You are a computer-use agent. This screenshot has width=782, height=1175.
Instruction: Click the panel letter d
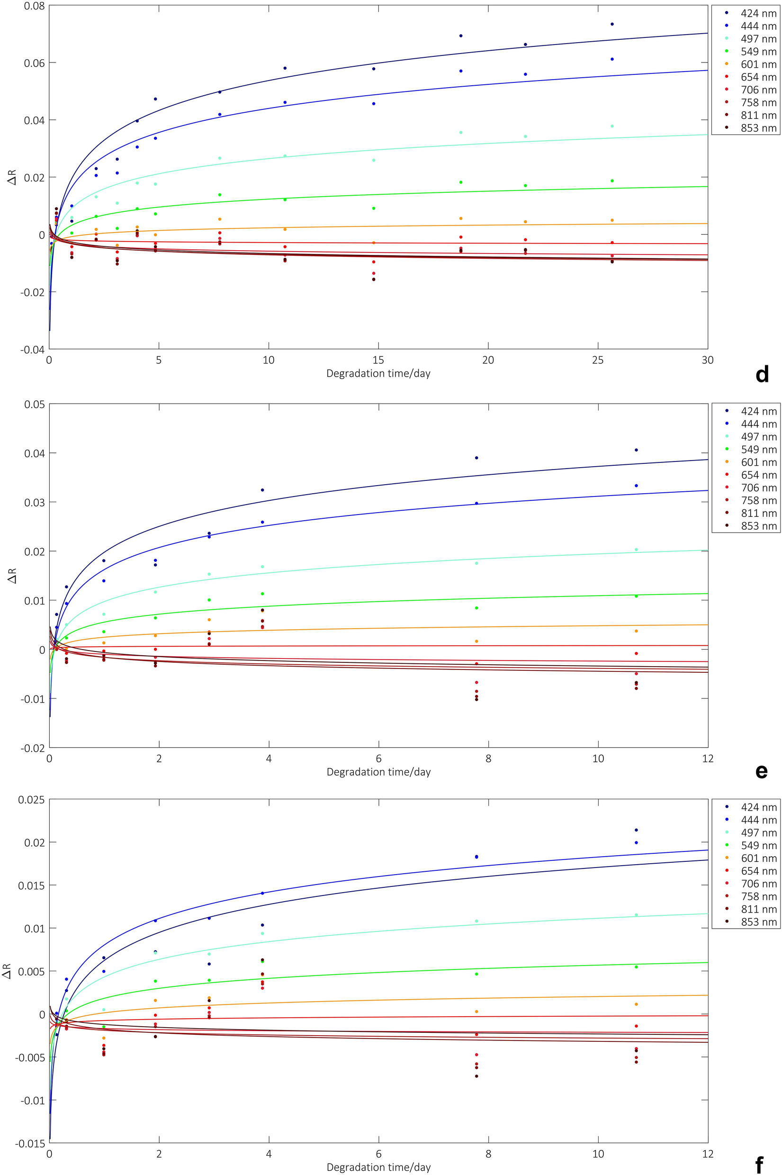762,374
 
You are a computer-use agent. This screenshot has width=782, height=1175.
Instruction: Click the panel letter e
762,771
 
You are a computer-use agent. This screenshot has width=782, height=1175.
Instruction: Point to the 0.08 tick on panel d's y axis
31,6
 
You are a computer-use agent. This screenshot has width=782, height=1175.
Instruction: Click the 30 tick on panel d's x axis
707,360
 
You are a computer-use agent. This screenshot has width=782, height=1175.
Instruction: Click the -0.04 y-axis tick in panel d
31,350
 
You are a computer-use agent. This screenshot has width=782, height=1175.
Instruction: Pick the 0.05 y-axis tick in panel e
31,405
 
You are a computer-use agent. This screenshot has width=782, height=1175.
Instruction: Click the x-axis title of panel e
378,771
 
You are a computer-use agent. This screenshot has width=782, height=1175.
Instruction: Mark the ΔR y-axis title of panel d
12,177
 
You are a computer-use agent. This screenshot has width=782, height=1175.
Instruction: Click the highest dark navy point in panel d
612,24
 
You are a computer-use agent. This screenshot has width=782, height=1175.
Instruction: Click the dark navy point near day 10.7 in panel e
636,450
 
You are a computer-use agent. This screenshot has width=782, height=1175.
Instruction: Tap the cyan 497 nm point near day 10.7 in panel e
636,550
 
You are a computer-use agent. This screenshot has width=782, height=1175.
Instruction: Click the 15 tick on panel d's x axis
378,360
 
